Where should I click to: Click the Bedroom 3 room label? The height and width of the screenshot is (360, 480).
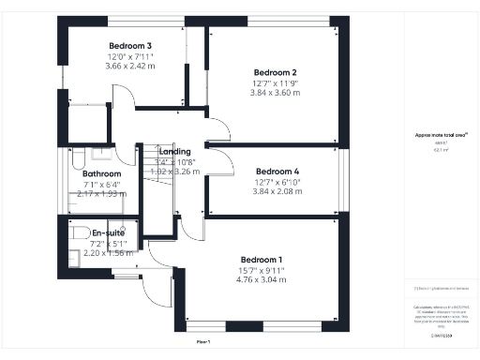[x=130, y=46]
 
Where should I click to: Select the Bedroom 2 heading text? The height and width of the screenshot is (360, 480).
[x=276, y=72]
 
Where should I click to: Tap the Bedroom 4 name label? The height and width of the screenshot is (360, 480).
[x=277, y=172]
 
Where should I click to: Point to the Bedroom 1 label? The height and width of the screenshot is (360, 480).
[x=261, y=260]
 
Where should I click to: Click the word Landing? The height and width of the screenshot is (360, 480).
[x=175, y=151]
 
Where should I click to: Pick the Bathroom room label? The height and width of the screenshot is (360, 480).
[x=101, y=173]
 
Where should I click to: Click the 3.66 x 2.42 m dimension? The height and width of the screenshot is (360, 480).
[x=130, y=67]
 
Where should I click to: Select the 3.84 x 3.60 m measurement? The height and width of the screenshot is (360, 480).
[x=276, y=93]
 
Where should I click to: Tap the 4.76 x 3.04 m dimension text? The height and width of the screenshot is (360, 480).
[x=261, y=279]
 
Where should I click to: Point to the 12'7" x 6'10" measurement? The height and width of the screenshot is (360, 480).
[x=277, y=182]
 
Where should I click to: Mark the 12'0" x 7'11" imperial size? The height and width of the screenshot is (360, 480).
[x=130, y=57]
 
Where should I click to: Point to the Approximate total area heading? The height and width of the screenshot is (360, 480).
[x=441, y=135]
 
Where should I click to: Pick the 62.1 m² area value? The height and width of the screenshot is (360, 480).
[x=441, y=148]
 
